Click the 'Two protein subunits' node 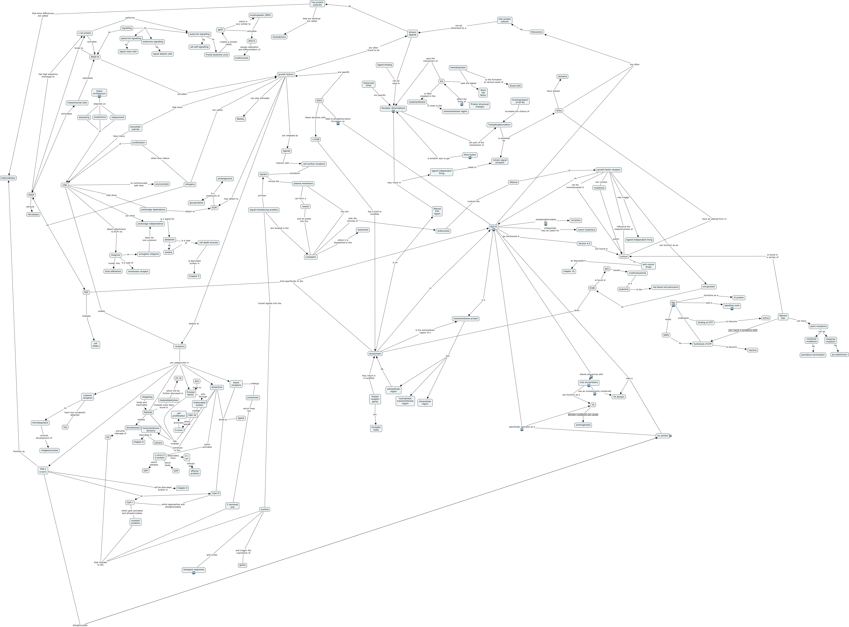point(317,3)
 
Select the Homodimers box point(279,37)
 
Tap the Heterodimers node point(8,178)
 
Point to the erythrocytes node point(242,58)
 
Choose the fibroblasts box point(33,215)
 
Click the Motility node point(240,119)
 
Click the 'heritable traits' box point(376,428)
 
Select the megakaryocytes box point(49,451)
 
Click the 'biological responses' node point(193,570)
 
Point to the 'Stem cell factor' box point(483,93)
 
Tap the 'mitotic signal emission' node point(500,161)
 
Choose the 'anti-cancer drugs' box point(648,266)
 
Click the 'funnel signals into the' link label point(270,303)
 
